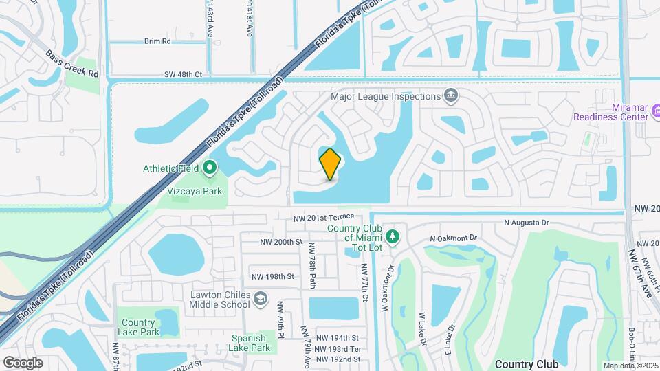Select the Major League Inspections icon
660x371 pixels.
tap(451, 95)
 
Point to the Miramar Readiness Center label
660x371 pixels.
tap(611, 112)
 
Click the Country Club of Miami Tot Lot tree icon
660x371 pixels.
tap(392, 237)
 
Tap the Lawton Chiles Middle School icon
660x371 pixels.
tap(261, 299)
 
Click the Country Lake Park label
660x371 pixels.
tap(140, 327)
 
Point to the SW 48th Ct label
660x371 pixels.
tap(183, 74)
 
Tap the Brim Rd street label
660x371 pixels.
tap(157, 41)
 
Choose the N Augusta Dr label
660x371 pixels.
tap(527, 223)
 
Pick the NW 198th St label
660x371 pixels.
tap(273, 277)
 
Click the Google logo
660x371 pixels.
tap(23, 362)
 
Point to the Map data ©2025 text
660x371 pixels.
tap(630, 365)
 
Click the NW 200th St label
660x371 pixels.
tap(281, 242)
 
